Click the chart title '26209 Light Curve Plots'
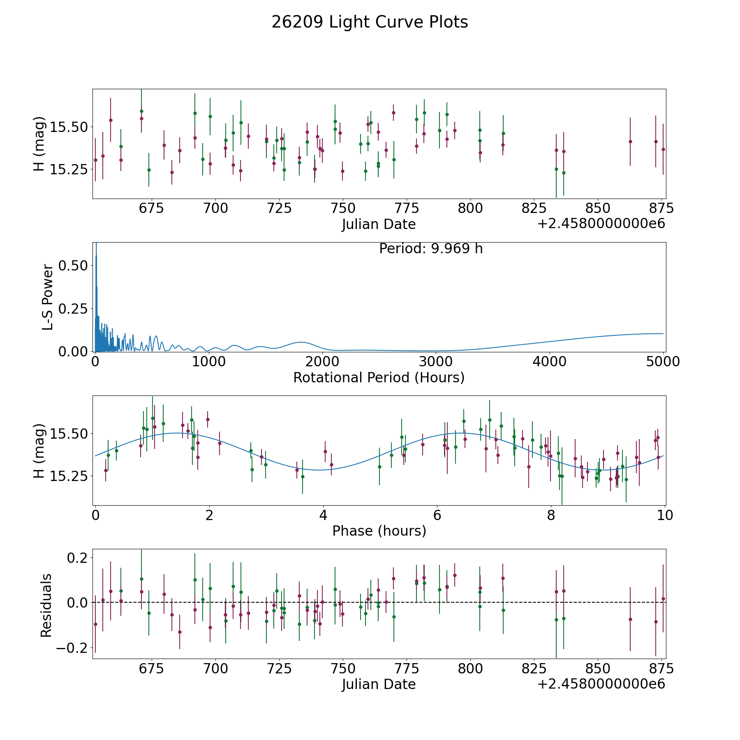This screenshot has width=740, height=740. click(370, 22)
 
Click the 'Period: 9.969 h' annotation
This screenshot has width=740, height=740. click(431, 249)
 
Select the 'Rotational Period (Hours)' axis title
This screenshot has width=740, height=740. click(379, 377)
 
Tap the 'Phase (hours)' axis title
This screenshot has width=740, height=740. click(379, 531)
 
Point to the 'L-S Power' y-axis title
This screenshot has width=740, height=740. click(48, 297)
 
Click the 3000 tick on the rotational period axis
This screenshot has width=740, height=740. click(436, 362)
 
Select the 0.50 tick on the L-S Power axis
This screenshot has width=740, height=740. click(73, 265)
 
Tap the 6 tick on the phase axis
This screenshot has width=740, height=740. click(437, 515)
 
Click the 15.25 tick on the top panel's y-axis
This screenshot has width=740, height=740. click(69, 169)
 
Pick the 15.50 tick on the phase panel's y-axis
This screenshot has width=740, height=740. click(69, 434)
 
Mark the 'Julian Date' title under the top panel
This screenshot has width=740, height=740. click(379, 224)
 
